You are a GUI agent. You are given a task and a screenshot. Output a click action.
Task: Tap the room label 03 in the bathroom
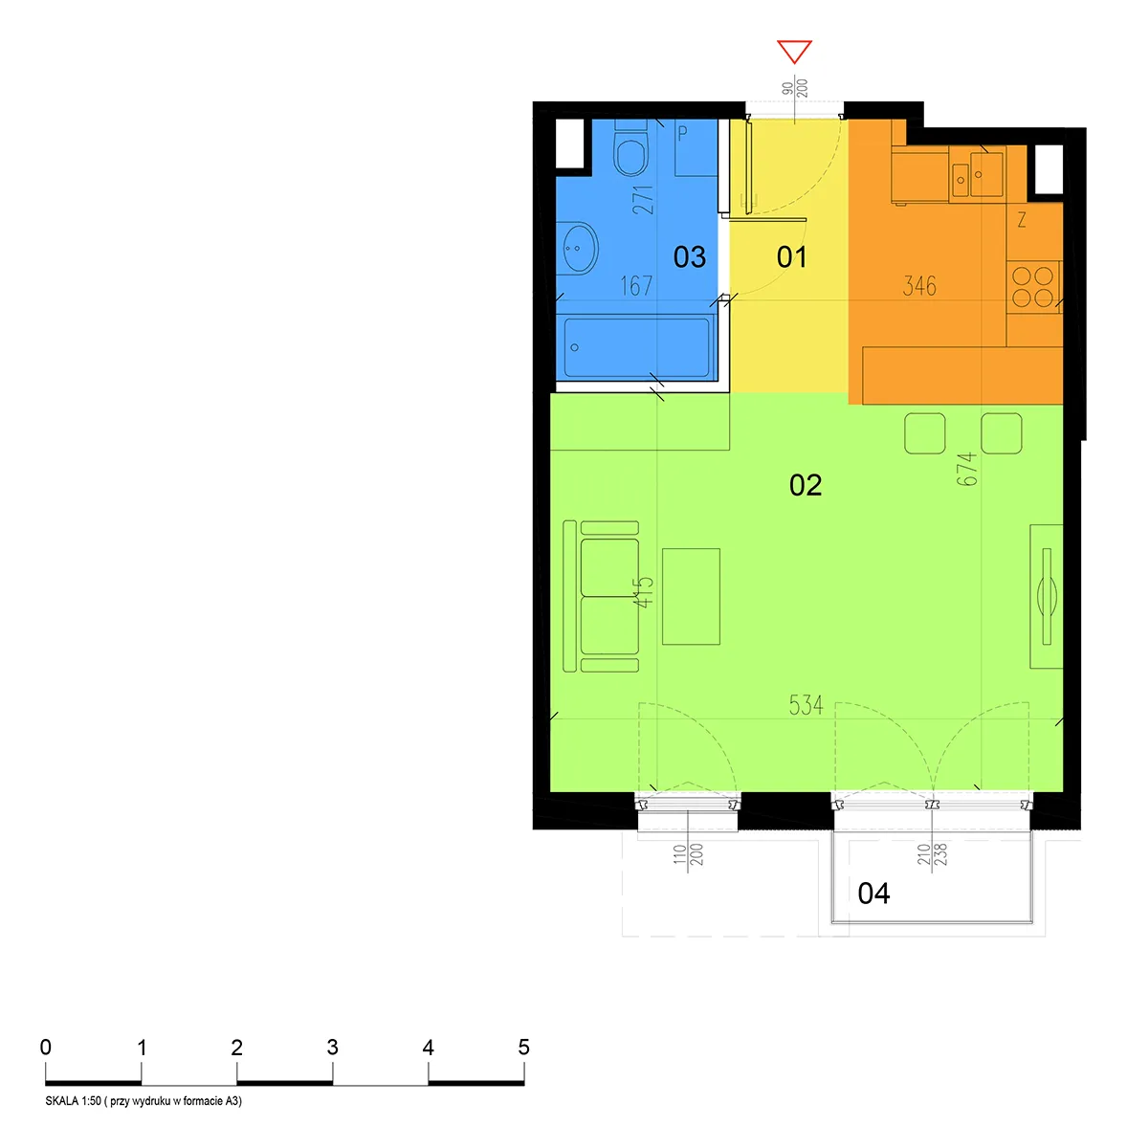[689, 257]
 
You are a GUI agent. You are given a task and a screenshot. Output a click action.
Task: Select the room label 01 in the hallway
[791, 257]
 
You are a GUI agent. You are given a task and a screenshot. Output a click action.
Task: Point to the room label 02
[806, 485]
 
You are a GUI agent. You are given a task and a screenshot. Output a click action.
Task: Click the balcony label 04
[873, 894]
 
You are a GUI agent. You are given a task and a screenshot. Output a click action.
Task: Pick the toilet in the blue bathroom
[630, 149]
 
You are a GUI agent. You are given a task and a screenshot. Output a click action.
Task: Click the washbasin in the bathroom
[577, 248]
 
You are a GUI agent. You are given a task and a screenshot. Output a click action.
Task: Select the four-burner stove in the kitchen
[1033, 287]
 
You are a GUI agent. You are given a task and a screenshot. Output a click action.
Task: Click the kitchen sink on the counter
[977, 174]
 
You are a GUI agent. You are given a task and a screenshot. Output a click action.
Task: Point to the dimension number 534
[806, 705]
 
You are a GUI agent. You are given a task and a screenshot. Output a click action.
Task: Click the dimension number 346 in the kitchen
[919, 286]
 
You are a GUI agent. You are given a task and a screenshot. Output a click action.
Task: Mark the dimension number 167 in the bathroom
[636, 286]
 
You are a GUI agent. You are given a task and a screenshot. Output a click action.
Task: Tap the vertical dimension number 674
[966, 469]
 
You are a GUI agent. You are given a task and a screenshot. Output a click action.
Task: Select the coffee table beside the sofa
[691, 596]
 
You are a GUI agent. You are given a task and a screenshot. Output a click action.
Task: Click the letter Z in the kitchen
[1022, 220]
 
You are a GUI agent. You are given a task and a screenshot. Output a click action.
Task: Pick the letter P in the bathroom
[682, 132]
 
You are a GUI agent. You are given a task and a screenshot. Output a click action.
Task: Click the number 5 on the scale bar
[523, 1047]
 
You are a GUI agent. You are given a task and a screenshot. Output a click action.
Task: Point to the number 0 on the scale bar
[45, 1047]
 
